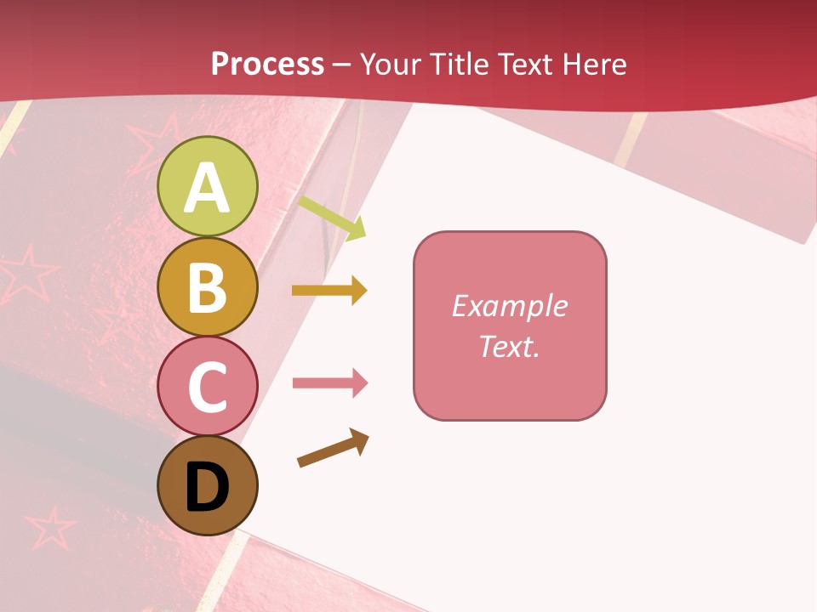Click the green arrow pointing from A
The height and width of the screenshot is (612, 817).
332,218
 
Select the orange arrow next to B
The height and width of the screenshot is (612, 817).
329,291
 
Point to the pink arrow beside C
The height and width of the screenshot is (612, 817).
330,383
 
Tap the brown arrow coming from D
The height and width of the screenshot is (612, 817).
333,448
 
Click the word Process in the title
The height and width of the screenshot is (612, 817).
267,65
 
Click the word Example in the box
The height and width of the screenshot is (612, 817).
509,306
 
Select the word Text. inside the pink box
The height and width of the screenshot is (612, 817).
509,347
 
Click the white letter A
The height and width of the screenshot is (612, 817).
207,189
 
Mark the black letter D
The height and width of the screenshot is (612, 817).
207,489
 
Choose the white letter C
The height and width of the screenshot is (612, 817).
207,388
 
